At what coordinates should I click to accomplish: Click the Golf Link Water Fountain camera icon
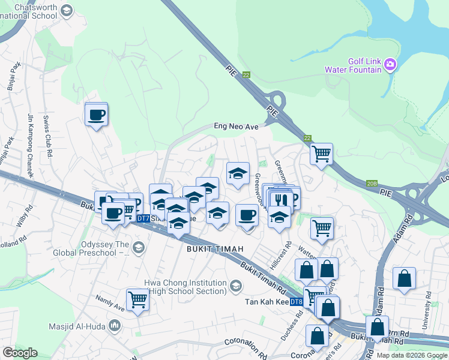[390, 64]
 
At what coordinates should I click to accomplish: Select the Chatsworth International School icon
[67, 10]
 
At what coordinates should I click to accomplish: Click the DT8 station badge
[297, 301]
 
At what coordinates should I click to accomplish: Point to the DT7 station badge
[143, 219]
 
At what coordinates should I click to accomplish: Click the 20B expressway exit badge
[372, 184]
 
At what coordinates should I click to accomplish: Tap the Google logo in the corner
[20, 353]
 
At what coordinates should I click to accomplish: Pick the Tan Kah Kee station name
[266, 301]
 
